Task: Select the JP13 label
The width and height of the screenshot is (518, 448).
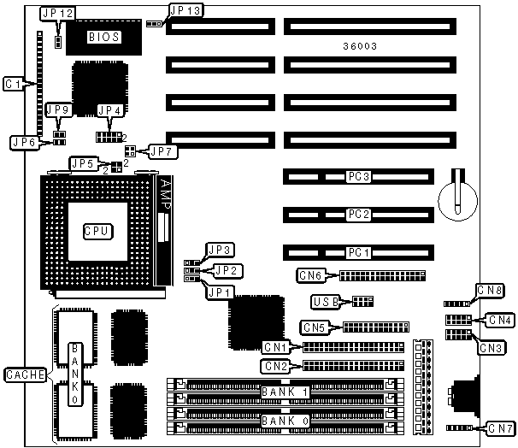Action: (185, 10)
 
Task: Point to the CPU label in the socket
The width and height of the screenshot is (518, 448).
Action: (97, 231)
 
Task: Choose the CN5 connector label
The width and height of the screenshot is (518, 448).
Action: (315, 327)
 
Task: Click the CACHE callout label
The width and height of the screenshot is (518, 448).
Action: (21, 374)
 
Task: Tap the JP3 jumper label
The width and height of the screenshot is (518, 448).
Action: (222, 250)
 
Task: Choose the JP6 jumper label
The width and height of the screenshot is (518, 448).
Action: (22, 142)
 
